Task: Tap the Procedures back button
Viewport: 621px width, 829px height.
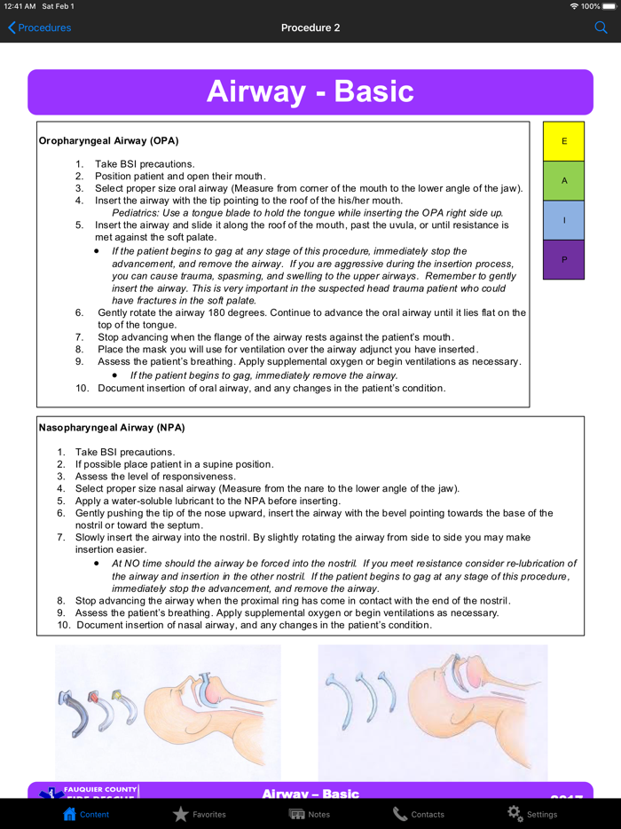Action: coord(39,28)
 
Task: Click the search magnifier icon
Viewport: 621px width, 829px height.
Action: coord(601,28)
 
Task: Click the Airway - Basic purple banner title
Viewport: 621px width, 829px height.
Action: coord(310,91)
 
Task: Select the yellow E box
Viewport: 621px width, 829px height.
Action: coord(563,141)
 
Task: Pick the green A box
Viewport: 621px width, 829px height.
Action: coord(563,180)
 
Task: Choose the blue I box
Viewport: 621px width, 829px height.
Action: coord(563,220)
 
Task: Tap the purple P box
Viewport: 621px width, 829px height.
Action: coord(563,259)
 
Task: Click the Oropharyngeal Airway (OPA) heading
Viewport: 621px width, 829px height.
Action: coord(108,140)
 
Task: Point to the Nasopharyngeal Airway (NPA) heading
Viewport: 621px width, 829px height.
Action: coord(112,427)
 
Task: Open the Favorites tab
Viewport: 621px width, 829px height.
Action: coord(199,813)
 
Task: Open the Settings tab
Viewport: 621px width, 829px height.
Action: coord(531,813)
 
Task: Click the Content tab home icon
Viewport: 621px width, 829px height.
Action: coord(70,813)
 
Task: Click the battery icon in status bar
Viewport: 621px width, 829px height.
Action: coord(610,6)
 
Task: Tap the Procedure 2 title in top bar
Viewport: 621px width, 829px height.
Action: coord(310,28)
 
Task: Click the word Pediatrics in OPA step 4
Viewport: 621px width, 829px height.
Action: coord(136,213)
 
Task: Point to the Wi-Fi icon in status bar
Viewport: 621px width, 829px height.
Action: coord(574,6)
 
